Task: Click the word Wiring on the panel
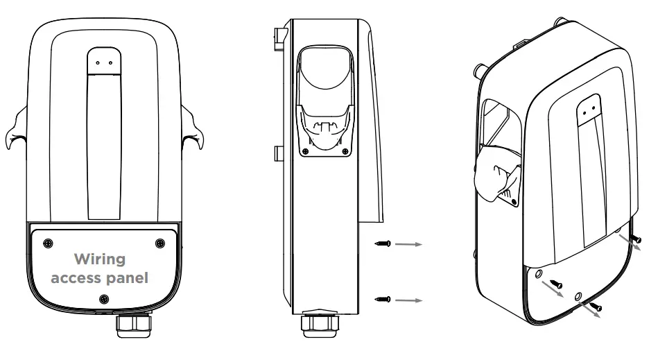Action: [x=100, y=259]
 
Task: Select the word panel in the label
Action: [x=129, y=279]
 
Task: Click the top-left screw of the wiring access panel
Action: [x=47, y=242]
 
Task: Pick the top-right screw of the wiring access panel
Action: [x=159, y=242]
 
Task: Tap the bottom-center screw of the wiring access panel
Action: [x=103, y=298]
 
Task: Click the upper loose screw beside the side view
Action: [x=383, y=244]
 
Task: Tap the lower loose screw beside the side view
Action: [x=383, y=299]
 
